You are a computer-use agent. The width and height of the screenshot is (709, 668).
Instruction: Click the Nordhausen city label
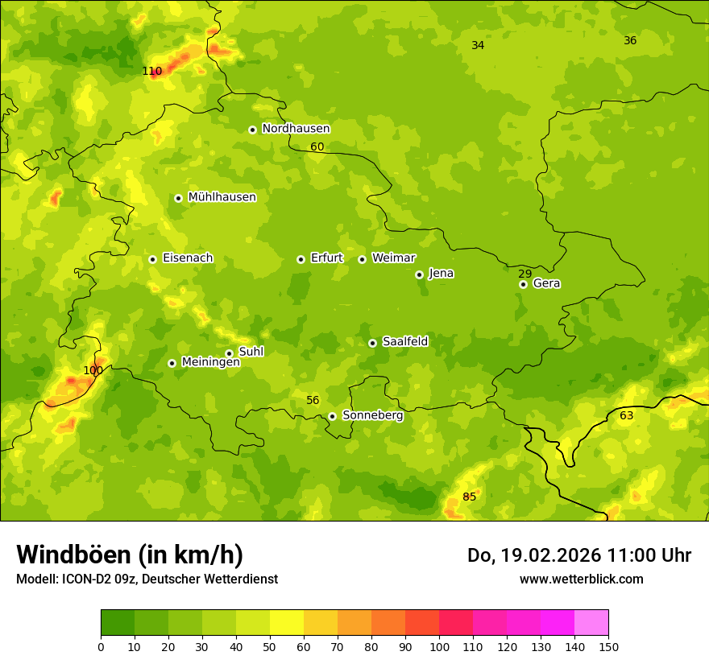[x=296, y=129]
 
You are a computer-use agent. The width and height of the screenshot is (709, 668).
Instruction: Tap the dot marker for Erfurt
[x=301, y=259]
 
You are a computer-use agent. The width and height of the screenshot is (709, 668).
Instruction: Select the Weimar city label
[x=393, y=258]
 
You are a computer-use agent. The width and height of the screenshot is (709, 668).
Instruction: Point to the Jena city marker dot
[x=419, y=274]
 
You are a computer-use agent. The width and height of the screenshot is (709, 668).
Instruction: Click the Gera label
[x=546, y=283]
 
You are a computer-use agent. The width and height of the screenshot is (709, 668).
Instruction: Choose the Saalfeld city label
[x=404, y=342]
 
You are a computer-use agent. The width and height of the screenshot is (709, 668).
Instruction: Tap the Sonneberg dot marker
[x=332, y=416]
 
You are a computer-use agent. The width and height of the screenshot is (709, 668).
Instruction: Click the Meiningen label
[x=210, y=362]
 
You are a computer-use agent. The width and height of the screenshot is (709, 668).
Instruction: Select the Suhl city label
[x=251, y=352]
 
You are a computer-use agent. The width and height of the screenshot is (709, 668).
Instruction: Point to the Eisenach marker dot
[x=152, y=259]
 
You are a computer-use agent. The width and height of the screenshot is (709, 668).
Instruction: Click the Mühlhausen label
[x=222, y=197]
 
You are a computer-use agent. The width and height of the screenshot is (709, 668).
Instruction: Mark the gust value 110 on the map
[x=151, y=71]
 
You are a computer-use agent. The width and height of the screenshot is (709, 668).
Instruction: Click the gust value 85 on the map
[x=469, y=497]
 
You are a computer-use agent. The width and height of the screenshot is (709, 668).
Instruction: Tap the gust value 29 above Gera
[x=524, y=274]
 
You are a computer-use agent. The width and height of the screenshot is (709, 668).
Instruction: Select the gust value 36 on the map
[x=630, y=40]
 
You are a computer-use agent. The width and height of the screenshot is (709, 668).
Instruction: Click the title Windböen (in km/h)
[x=130, y=555]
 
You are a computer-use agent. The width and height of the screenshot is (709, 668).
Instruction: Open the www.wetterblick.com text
[x=581, y=579]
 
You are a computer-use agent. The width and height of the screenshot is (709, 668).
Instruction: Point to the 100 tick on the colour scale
[x=439, y=646]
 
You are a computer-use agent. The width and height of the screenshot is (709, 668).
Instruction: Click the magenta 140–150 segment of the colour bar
[x=591, y=623]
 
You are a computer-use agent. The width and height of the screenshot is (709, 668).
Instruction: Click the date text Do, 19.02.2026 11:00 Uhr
[x=578, y=555]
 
